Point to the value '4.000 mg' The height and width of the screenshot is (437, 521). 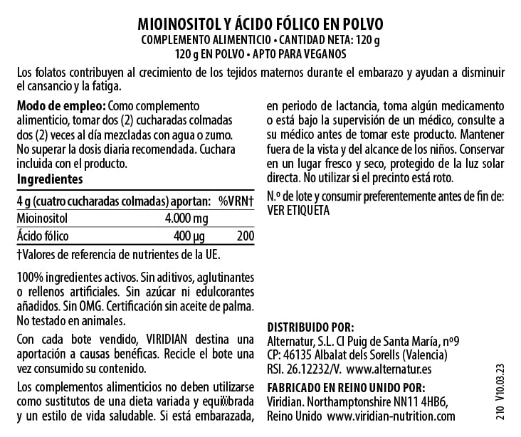[x=186, y=218]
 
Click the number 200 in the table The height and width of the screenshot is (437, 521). [x=246, y=236]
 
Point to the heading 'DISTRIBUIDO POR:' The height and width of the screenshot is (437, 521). [x=310, y=327]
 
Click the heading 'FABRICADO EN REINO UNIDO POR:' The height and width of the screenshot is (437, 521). [x=345, y=387]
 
